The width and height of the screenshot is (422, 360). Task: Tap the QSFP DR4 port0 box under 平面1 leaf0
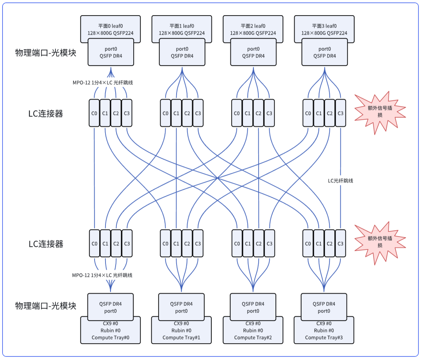(x=182, y=52)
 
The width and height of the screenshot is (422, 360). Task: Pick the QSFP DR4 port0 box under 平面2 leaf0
(x=253, y=52)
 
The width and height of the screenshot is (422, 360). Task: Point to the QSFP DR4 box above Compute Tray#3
(x=324, y=307)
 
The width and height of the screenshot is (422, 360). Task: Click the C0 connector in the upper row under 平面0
(x=94, y=113)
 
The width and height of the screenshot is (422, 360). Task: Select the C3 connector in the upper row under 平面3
(x=341, y=113)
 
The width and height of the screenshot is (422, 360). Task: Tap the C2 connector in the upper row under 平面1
(x=187, y=113)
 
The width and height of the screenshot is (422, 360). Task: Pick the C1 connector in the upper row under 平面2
(x=247, y=113)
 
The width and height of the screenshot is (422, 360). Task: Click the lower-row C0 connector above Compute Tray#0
(x=94, y=244)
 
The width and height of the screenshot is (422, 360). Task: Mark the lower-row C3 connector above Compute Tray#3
(x=341, y=244)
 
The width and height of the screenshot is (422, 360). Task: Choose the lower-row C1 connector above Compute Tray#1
(x=176, y=244)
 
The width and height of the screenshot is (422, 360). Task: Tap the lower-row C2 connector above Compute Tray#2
(x=258, y=244)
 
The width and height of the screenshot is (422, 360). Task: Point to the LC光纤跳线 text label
(x=340, y=181)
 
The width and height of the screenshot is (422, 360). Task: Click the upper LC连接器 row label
(x=46, y=114)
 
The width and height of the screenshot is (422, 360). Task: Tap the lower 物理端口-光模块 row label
(x=45, y=306)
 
